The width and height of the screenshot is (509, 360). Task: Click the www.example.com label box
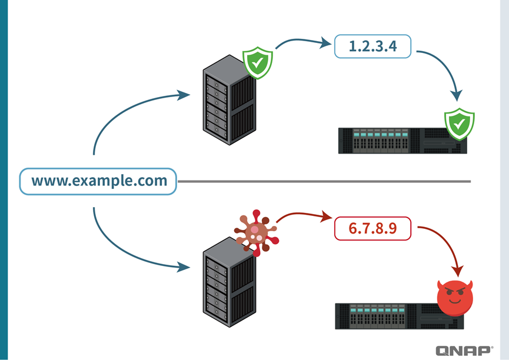98,181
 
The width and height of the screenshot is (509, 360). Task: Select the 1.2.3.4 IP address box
372,46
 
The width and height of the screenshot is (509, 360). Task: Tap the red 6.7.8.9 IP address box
372,229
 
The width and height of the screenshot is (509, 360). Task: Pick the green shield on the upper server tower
258,63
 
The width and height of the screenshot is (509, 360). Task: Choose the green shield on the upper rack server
459,123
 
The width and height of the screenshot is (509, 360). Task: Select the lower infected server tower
228,282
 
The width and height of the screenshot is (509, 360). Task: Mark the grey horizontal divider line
324,181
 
